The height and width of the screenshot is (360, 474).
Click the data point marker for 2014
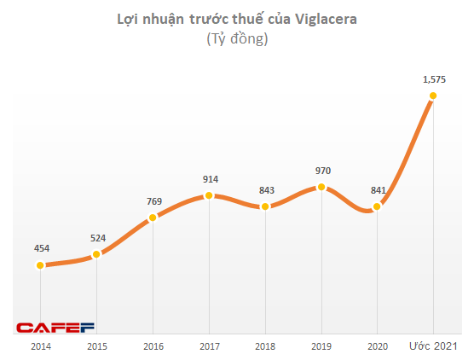(40, 265)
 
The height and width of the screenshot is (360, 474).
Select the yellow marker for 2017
(209, 195)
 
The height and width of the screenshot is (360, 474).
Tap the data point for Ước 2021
(434, 96)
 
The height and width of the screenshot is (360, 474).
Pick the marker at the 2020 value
(377, 206)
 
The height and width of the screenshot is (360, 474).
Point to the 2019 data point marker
(321, 187)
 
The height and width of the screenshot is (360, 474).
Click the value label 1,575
(434, 78)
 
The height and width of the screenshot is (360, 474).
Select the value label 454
(41, 248)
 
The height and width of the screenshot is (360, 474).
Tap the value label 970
(321, 170)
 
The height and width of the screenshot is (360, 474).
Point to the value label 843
(265, 189)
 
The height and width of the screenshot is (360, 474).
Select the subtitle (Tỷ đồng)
(237, 39)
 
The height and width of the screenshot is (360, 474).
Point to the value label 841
(377, 189)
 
